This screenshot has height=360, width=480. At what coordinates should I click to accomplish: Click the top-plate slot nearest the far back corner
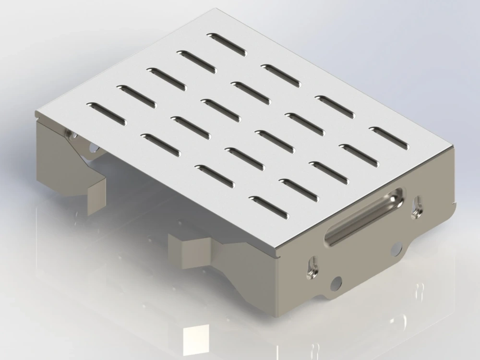coord(227,45)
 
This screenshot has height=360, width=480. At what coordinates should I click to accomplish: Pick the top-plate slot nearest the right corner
coord(389,138)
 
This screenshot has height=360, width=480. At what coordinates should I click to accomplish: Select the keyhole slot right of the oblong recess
coord(417,206)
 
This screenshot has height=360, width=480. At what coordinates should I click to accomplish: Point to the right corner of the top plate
coord(454,147)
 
